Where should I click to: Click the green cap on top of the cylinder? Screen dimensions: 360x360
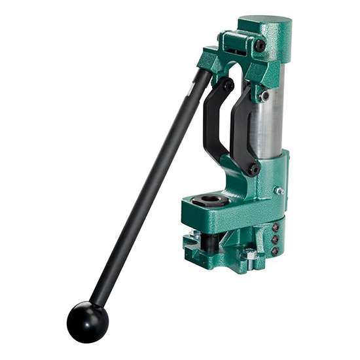point(264,27)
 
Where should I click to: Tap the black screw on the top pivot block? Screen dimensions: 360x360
point(260,46)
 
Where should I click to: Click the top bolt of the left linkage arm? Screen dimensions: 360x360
point(228,84)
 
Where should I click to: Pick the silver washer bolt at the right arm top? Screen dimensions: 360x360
point(264,96)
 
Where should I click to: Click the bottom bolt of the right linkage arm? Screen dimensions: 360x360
point(252,168)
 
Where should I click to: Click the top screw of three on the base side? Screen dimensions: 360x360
point(275,227)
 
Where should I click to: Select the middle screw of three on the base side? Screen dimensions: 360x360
point(275,239)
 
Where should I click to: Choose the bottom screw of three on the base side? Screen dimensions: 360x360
point(275,251)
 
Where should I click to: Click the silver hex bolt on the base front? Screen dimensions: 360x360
point(249,253)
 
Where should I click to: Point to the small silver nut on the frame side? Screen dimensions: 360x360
point(279,191)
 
